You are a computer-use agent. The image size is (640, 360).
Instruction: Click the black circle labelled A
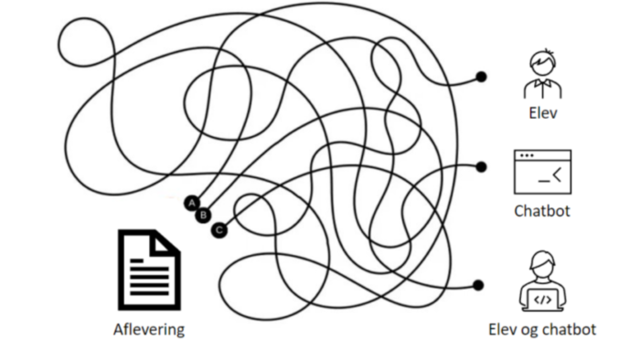(192, 203)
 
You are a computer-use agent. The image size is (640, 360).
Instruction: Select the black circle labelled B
(203, 216)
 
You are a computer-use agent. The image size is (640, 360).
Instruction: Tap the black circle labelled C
(219, 230)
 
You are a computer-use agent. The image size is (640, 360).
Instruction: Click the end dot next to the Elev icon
(482, 77)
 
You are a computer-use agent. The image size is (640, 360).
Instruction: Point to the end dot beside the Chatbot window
(482, 166)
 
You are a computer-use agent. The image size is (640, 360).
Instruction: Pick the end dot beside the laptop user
(478, 285)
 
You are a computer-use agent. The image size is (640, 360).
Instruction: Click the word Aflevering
(149, 330)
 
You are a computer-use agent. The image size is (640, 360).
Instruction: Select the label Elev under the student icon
(543, 113)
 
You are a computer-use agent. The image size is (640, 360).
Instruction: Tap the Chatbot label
(542, 211)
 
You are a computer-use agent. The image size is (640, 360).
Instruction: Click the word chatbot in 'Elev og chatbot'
(570, 330)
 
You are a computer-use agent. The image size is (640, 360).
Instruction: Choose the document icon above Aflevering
(149, 270)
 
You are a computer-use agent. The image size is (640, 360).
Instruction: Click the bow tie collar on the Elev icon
(542, 83)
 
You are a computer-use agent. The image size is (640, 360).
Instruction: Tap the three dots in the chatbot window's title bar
(527, 155)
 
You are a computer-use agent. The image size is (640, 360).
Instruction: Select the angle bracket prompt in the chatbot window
(558, 175)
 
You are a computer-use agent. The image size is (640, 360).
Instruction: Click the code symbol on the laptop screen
(542, 300)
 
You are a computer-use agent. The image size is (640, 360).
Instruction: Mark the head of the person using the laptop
(542, 264)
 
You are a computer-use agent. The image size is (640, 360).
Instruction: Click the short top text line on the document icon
(137, 260)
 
